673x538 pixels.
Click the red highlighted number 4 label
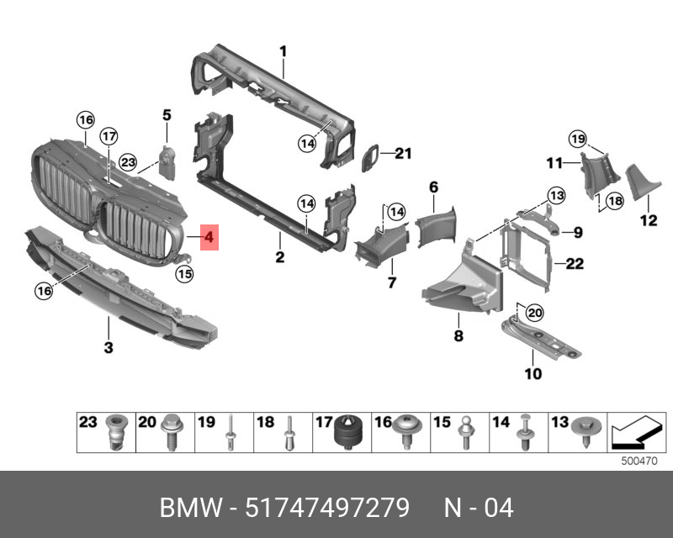209,239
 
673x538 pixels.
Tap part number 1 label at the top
284,51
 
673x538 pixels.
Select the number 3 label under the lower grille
109,347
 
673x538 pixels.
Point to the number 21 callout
404,153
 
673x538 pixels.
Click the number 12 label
648,221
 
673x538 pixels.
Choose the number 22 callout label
575,264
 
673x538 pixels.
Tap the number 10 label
533,373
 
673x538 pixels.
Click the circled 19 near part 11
576,138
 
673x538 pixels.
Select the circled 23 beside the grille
127,161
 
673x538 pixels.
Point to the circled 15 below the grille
183,272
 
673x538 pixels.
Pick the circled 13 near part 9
554,195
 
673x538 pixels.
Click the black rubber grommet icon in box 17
347,434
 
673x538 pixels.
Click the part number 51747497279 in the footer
326,508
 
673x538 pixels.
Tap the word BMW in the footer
186,508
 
